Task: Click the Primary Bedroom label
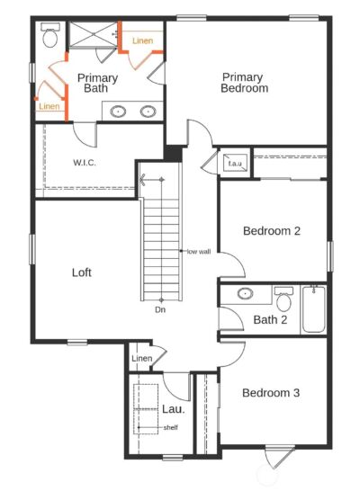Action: tap(245, 83)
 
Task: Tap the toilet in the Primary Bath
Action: tap(50, 35)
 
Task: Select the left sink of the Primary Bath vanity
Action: tap(118, 112)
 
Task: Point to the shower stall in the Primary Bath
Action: tap(93, 34)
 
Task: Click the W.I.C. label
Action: tap(85, 163)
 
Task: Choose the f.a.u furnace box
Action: tap(235, 163)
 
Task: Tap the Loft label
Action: tap(82, 272)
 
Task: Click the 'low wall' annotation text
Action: tap(199, 252)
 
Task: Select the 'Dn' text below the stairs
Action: tap(160, 309)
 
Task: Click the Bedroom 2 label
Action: tap(272, 231)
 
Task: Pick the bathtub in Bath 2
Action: tap(313, 309)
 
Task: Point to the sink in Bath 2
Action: tap(246, 293)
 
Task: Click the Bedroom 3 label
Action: tap(271, 393)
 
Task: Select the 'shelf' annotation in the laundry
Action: tap(171, 427)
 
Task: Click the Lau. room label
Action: tap(174, 409)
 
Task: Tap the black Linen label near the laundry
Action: tap(142, 358)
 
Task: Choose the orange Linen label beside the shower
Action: tap(143, 40)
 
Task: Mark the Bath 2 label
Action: tap(270, 320)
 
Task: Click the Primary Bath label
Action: tap(97, 83)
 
